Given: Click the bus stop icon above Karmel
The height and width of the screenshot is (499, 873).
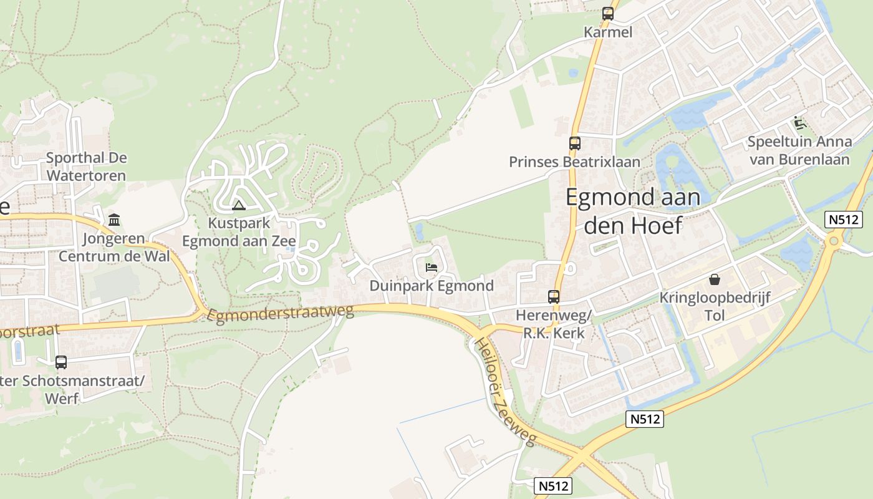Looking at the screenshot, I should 607,14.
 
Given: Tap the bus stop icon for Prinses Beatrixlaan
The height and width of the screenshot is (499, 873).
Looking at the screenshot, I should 574,143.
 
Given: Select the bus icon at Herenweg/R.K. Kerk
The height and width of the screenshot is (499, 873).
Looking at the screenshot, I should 553,297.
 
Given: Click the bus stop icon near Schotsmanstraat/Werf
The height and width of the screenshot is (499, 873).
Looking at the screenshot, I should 61,362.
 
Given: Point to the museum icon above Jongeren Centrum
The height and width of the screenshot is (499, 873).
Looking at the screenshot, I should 114,220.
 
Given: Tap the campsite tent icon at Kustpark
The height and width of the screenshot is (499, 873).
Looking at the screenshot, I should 238,205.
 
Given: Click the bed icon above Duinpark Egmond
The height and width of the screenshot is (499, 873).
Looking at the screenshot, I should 431,268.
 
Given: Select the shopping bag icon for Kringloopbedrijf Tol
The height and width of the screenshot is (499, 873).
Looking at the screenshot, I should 714,279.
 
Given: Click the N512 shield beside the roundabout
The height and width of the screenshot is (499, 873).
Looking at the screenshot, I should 843,220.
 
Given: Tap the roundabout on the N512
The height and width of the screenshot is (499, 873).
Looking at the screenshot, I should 833,241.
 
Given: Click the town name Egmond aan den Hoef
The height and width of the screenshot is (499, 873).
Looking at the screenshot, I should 632,211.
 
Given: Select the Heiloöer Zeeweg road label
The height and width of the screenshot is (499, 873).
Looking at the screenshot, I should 504,392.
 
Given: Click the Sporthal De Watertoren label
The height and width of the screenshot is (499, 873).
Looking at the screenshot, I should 86,167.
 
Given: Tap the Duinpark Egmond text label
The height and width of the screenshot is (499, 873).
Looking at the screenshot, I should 432,286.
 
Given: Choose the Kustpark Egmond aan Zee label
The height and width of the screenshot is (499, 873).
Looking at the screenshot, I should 238,232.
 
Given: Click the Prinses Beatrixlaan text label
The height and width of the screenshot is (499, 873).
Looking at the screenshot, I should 574,162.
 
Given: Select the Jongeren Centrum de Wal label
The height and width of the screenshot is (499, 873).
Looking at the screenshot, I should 114,247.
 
